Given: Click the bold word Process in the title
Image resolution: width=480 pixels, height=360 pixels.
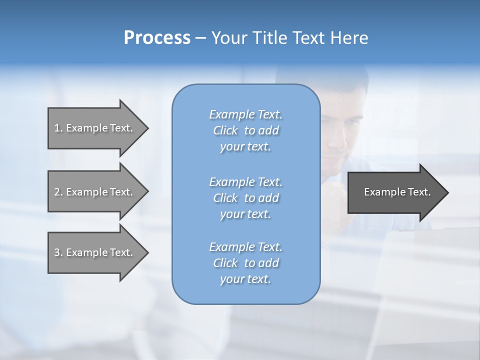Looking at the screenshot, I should [157, 38].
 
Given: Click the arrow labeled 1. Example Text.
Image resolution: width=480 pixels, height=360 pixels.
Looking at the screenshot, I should [95, 128].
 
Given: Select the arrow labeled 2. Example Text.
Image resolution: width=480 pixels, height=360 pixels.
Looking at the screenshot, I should [95, 192].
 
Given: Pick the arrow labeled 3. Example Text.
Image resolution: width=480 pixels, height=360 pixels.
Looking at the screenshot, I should [95, 252].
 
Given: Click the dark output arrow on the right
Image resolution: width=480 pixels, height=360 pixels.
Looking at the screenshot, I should [395, 192].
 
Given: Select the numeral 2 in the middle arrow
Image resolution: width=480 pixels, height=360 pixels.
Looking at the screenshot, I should [56, 192].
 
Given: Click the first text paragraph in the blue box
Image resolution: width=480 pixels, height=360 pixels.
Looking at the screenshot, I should [245, 130].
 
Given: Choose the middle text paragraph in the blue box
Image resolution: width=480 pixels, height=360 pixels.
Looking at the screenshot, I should [245, 198].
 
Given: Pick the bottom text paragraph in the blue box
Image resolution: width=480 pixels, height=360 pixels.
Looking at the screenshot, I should [245, 263].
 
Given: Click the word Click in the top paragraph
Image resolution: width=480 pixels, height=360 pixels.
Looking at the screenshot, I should [225, 130].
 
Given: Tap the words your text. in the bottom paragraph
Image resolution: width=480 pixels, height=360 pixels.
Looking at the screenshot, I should [245, 279].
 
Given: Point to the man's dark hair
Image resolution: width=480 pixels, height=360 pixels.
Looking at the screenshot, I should [345, 82].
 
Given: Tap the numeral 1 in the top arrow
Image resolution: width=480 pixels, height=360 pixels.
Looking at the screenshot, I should [56, 128].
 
